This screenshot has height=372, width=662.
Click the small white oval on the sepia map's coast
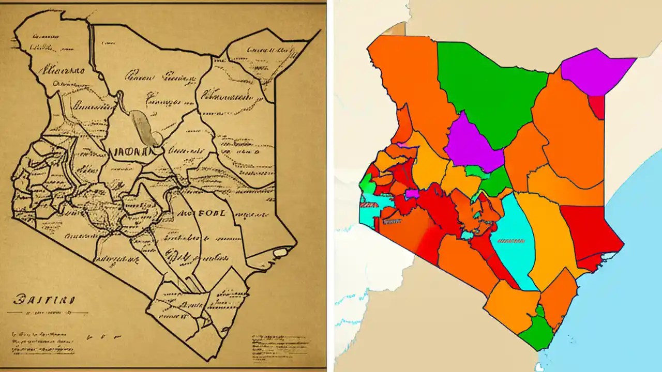pyautogui.click(x=280, y=252)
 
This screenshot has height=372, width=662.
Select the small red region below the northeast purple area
pyautogui.click(x=597, y=106)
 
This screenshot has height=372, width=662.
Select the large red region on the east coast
pyautogui.click(x=590, y=233)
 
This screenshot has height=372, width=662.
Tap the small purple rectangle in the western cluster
pyautogui.click(x=412, y=193)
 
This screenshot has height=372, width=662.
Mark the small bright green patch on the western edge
pyautogui.click(x=366, y=182)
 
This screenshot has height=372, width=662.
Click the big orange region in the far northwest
pyautogui.click(x=409, y=78)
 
